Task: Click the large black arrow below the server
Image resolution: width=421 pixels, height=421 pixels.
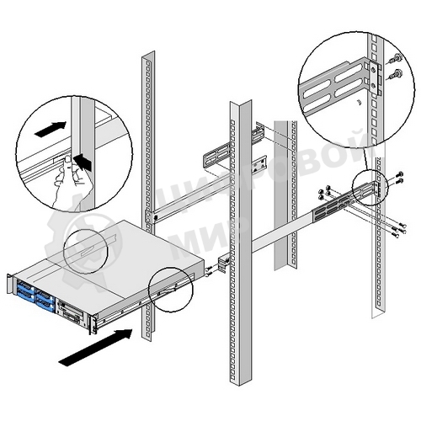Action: (97, 348)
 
